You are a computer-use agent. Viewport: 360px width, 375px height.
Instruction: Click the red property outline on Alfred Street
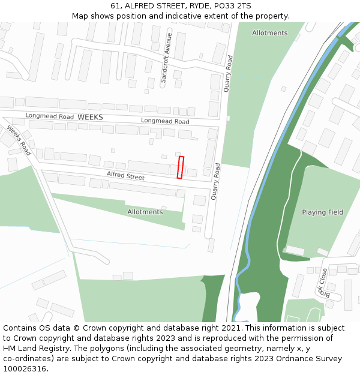pyautogui.click(x=181, y=167)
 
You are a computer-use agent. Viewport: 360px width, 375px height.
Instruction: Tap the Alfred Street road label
pyautogui.click(x=125, y=176)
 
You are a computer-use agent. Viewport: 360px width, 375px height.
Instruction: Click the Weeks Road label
pyautogui.click(x=19, y=140)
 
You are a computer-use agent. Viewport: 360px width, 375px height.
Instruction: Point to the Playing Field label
pyautogui.click(x=322, y=212)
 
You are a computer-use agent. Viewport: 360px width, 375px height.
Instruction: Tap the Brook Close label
pyautogui.click(x=323, y=283)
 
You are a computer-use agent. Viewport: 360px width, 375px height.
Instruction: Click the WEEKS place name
pyautogui.click(x=90, y=117)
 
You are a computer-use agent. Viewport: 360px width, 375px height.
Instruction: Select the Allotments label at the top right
pyautogui.click(x=269, y=33)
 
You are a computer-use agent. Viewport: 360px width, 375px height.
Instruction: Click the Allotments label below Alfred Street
pyautogui.click(x=145, y=212)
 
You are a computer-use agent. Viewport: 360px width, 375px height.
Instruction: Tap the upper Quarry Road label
pyautogui.click(x=227, y=74)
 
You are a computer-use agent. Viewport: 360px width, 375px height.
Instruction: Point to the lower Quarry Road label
pyautogui.click(x=215, y=181)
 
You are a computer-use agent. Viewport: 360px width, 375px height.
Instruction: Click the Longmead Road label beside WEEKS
pyautogui.click(x=49, y=116)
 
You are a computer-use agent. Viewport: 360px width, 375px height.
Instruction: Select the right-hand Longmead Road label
pyautogui.click(x=165, y=121)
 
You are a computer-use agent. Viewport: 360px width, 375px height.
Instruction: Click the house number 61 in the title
pyautogui.click(x=115, y=6)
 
